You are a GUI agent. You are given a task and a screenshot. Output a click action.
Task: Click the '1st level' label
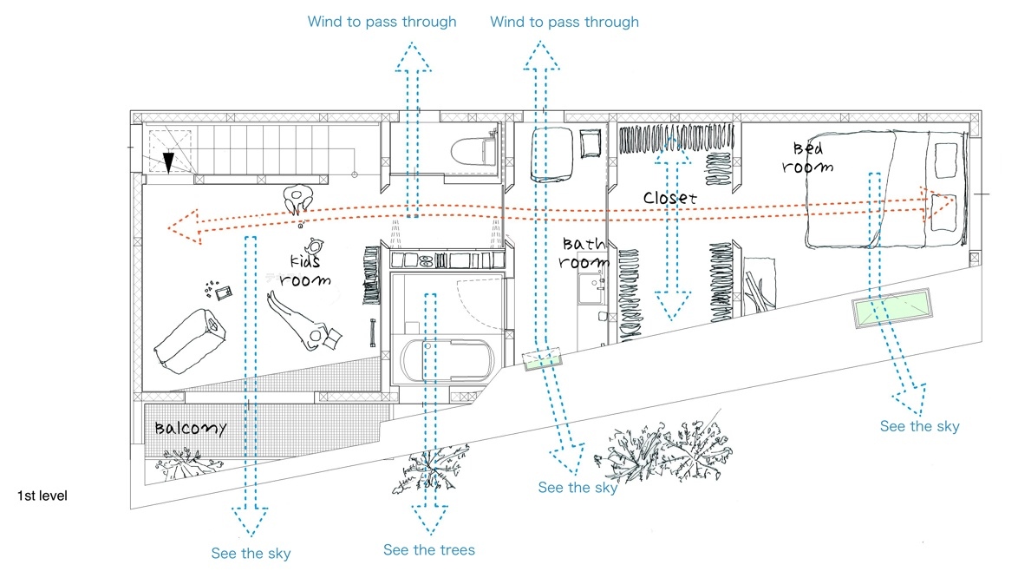pyautogui.click(x=42, y=496)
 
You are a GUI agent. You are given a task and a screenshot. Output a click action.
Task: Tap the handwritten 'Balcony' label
pyautogui.click(x=191, y=428)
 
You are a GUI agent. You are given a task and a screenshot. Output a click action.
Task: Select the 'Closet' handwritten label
pyautogui.click(x=669, y=198)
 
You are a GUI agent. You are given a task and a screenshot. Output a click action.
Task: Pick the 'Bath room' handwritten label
pyautogui.click(x=584, y=253)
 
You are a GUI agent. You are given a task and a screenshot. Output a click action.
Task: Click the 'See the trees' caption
pyautogui.click(x=429, y=549)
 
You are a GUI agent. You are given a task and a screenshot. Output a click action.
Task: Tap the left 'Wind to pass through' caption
pyautogui.click(x=382, y=22)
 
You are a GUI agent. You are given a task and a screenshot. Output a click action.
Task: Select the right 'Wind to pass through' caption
pyautogui.click(x=564, y=22)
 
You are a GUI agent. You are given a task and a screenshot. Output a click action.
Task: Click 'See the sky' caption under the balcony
pyautogui.click(x=251, y=553)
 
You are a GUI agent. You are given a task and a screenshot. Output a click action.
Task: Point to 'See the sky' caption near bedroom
pyautogui.click(x=919, y=426)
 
